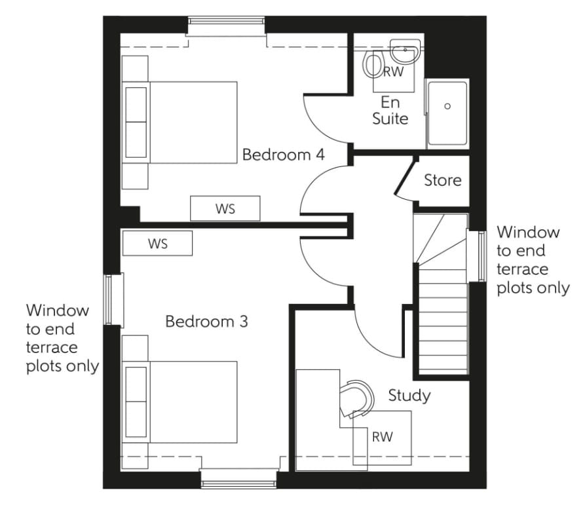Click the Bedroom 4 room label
[284, 155]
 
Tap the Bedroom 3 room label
[206, 322]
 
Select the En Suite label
[390, 111]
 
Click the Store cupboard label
[442, 180]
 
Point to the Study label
[409, 396]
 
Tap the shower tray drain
[448, 106]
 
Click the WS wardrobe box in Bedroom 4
[225, 209]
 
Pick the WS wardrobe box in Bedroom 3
[157, 243]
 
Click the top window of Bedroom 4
[227, 26]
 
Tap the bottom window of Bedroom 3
[239, 478]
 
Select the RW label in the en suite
[393, 73]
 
